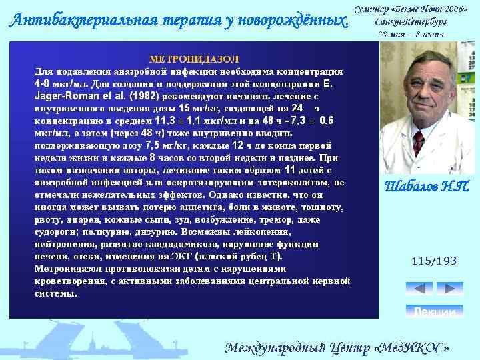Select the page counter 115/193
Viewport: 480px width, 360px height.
tap(435, 262)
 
